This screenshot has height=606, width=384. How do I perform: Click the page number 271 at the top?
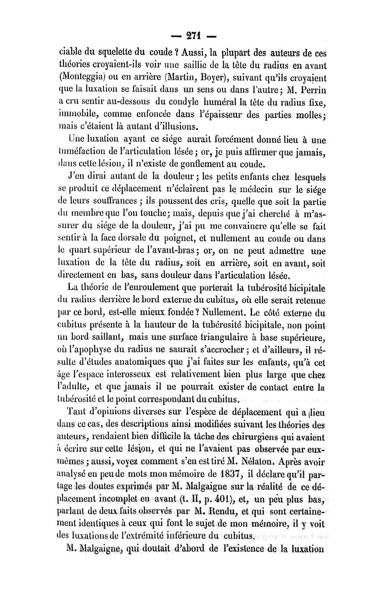192,36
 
